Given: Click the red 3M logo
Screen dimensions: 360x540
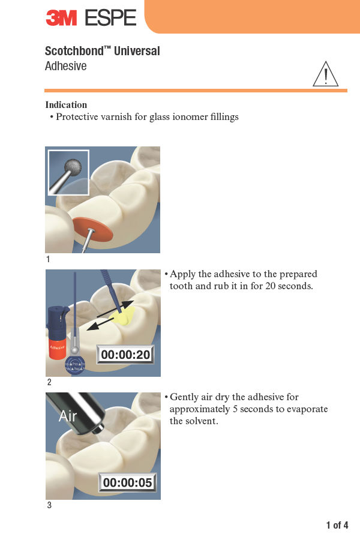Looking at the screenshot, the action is [x=61, y=17].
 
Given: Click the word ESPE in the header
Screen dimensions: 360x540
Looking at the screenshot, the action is [x=110, y=17].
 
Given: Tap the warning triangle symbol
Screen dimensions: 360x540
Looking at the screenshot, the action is [x=326, y=74].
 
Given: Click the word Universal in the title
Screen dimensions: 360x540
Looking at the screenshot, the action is [x=137, y=51].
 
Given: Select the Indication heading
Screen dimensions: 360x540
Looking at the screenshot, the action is [x=66, y=104].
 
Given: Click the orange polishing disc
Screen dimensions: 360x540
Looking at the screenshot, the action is [x=92, y=229].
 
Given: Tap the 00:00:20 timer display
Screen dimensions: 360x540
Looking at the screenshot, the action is [x=125, y=355].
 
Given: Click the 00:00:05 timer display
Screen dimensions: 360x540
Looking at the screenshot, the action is [x=127, y=482].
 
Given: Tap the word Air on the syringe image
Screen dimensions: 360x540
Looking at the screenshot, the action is [x=68, y=416].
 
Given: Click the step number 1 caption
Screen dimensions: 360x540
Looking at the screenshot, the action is [x=48, y=259].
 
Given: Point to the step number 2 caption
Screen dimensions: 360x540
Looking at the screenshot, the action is [x=49, y=382].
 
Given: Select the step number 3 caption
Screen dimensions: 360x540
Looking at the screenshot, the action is [x=49, y=505].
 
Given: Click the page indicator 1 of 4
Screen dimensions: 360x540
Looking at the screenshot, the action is [x=337, y=525].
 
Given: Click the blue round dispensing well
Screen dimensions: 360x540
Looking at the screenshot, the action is [x=75, y=365].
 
